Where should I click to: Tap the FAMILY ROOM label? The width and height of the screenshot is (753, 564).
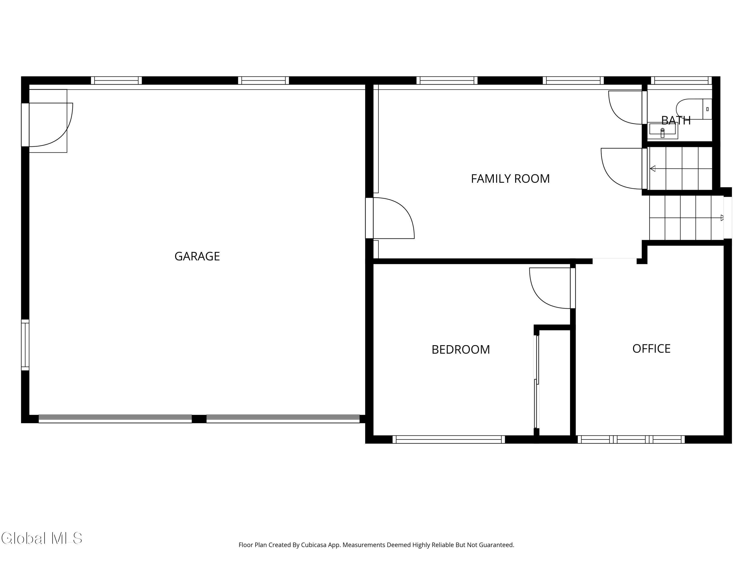click(x=510, y=179)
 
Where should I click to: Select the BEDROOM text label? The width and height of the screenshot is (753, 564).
click(x=461, y=349)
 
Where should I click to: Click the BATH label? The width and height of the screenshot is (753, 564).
click(x=676, y=120)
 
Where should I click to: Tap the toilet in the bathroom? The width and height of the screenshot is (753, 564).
click(x=694, y=109)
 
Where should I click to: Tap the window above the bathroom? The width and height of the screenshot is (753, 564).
click(x=681, y=80)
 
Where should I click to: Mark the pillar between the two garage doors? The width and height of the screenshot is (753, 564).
click(x=199, y=419)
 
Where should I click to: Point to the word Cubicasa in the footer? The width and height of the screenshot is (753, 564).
click(x=314, y=545)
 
